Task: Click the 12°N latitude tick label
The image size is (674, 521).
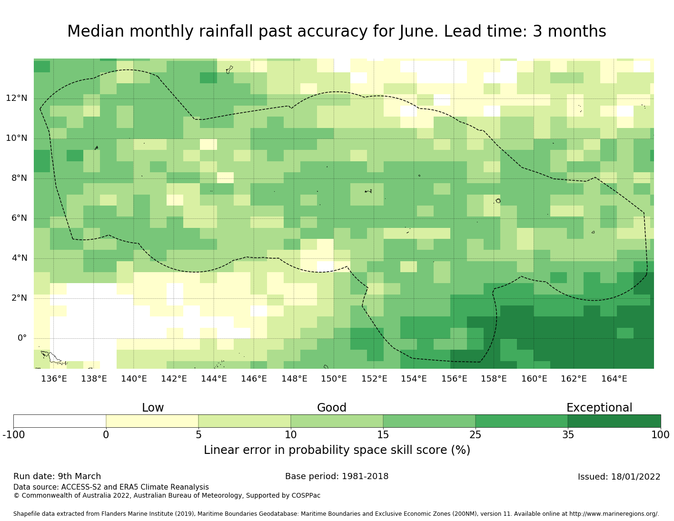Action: click(16, 98)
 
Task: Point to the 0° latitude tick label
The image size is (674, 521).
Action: click(22, 338)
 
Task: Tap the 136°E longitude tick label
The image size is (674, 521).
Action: click(54, 379)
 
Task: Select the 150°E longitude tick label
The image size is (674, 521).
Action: click(334, 379)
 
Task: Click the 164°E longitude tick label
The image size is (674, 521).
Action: click(614, 379)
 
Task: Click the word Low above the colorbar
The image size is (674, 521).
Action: click(153, 408)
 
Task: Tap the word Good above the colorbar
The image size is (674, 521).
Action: click(332, 408)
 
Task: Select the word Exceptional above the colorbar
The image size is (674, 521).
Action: click(599, 408)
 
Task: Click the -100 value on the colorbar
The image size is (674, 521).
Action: click(13, 434)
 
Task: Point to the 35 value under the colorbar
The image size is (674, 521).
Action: click(568, 434)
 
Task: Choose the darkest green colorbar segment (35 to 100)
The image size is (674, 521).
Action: click(614, 421)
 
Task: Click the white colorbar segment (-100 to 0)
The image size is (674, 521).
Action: click(59, 421)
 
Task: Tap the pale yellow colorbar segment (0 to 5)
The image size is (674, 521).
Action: click(152, 421)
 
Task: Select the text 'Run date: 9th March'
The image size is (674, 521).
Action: click(57, 476)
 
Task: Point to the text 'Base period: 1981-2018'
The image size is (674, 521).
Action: click(337, 476)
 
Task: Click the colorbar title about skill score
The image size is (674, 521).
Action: click(337, 450)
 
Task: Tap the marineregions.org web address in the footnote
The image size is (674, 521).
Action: click(614, 514)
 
